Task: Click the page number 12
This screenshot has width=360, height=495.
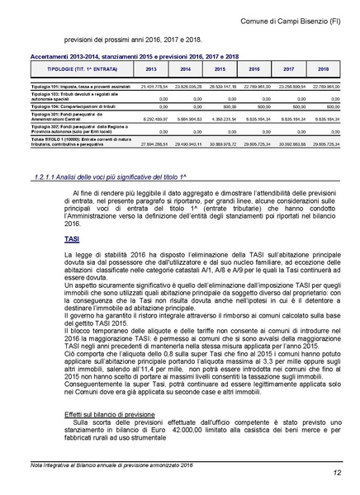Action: click(x=339, y=473)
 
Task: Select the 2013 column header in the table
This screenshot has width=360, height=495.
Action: click(x=150, y=69)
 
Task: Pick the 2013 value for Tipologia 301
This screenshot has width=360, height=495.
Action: click(x=154, y=119)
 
